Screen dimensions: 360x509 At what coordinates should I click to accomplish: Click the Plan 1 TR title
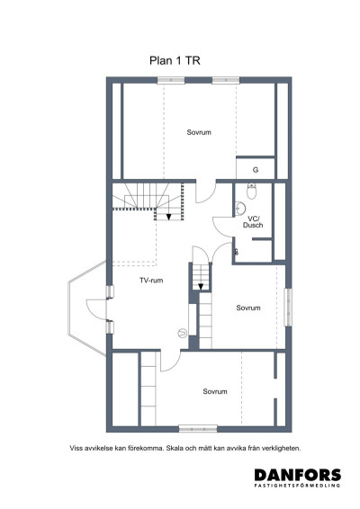click(175, 61)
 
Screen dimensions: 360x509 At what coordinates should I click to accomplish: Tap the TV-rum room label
click(151, 281)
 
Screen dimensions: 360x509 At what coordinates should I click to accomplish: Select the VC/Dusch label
click(253, 222)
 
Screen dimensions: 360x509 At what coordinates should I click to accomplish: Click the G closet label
click(256, 170)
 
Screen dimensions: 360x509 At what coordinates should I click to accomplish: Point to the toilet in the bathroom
click(252, 191)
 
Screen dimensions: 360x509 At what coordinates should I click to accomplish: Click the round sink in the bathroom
click(240, 208)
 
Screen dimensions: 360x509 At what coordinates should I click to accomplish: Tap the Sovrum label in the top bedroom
click(199, 132)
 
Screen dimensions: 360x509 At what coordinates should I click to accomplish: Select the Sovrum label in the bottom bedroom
click(215, 391)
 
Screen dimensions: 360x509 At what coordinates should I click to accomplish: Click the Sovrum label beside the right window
click(248, 308)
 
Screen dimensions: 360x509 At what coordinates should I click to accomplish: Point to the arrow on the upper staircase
click(168, 217)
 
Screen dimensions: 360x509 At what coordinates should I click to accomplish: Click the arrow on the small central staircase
click(201, 286)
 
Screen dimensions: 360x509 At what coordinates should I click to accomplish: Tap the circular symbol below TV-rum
click(183, 333)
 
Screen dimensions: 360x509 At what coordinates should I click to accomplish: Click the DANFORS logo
click(298, 475)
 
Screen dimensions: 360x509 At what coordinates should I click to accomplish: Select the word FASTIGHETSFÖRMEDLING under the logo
click(298, 486)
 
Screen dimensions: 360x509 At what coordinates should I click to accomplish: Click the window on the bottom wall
click(198, 429)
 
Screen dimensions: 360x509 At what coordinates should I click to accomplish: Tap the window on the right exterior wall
click(288, 307)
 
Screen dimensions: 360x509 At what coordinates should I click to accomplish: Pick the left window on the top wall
click(171, 81)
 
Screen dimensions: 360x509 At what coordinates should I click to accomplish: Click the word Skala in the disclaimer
click(175, 448)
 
